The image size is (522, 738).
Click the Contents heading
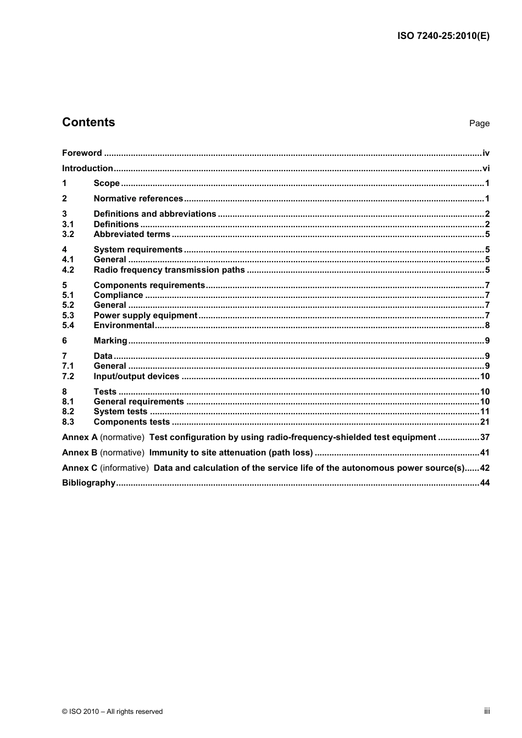coord(88,122)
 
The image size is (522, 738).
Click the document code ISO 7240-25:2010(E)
coord(443,36)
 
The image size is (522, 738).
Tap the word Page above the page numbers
coord(479,123)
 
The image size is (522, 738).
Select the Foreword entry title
coord(82,153)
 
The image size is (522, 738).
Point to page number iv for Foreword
coord(486,153)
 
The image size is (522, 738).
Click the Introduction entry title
coord(87,168)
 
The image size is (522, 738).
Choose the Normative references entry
coord(138,199)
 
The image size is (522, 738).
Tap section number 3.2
coord(68,234)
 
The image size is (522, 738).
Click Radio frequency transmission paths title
coord(169,270)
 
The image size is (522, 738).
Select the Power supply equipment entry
coord(145,316)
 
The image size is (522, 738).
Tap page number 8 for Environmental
coord(487,325)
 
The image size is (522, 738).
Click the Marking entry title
coord(110,341)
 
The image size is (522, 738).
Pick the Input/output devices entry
coord(136,376)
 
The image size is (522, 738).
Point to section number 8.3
coord(68,422)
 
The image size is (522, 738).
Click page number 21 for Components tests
coord(485,422)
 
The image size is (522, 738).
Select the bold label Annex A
coord(80,437)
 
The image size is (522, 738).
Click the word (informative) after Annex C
coord(124,468)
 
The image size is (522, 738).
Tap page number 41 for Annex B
coord(485,453)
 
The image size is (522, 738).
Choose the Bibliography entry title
coord(88,483)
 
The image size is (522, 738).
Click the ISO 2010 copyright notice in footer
coord(112,711)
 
